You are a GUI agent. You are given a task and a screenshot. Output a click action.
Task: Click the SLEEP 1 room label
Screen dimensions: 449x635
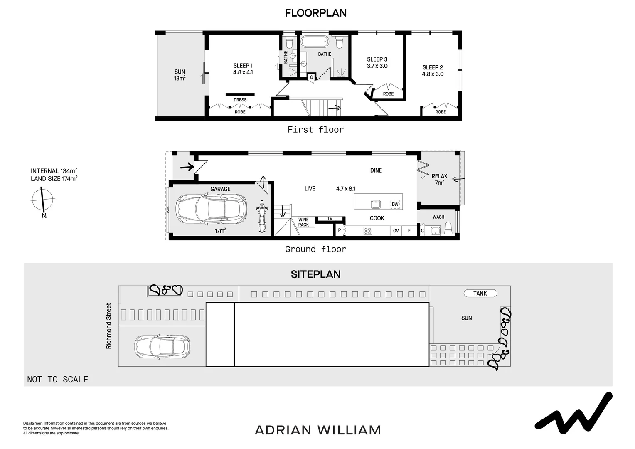[x=243, y=66]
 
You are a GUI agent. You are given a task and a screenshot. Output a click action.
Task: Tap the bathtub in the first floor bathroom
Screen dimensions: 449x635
[x=315, y=42]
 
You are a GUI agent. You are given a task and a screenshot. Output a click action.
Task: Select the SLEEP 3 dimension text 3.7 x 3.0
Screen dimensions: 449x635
[x=377, y=66]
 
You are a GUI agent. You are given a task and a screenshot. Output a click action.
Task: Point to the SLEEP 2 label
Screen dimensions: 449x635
[x=433, y=67]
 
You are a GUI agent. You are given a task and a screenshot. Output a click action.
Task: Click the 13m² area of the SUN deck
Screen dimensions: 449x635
[x=180, y=78]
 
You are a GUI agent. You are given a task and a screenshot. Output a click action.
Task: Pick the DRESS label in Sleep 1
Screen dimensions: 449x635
[x=240, y=100]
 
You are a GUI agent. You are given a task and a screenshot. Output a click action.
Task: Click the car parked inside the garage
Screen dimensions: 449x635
[x=212, y=210]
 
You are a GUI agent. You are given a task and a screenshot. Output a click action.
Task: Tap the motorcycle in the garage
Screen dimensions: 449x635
[x=261, y=216]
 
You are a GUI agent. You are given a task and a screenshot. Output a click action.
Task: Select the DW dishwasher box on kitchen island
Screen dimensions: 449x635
[x=395, y=204]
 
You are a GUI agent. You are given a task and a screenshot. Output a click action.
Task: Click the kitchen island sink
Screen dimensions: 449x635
[x=376, y=204]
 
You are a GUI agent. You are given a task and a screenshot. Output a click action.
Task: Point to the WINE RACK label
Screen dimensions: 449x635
[x=303, y=222]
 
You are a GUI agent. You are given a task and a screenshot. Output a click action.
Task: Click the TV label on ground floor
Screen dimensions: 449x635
[x=330, y=219]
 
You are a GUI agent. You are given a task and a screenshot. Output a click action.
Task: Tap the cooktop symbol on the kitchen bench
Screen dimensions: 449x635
[x=368, y=231]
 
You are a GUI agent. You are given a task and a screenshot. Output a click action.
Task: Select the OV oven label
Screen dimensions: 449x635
[x=396, y=231]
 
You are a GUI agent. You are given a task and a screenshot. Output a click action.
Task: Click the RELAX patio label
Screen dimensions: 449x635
[x=439, y=176]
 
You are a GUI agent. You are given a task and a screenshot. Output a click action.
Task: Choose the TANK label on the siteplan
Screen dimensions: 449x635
[x=480, y=294]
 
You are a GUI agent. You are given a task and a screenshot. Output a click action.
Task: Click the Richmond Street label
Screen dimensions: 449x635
[x=109, y=326]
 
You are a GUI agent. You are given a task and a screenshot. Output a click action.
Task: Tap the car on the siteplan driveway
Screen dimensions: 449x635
[x=162, y=346]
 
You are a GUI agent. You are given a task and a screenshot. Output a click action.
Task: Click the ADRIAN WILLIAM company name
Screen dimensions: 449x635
[x=317, y=430]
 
